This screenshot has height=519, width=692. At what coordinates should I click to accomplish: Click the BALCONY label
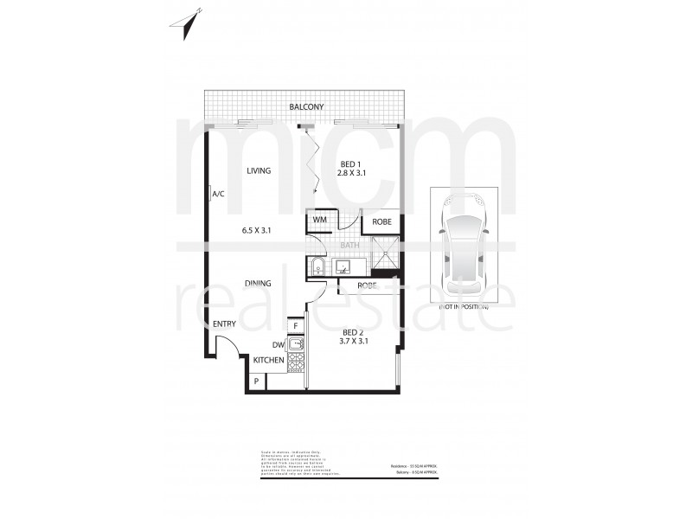[x=306, y=106]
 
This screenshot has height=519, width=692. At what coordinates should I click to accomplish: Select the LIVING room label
[x=259, y=171]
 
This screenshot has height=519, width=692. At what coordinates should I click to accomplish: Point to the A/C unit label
[x=218, y=195]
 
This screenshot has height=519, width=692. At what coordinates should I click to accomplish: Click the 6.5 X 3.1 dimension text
[x=257, y=230]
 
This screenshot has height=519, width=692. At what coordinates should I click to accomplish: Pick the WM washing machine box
[x=319, y=221]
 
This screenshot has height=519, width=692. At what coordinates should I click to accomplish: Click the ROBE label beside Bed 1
[x=381, y=222]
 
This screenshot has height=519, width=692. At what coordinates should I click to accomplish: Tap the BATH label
[x=349, y=246]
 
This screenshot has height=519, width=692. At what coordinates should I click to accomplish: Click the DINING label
[x=258, y=283]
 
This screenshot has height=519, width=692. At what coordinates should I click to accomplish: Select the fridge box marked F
[x=296, y=326]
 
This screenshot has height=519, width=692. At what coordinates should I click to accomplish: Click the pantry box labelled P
[x=257, y=381]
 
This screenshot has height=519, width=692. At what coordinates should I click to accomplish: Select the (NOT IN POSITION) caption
[x=464, y=307]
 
